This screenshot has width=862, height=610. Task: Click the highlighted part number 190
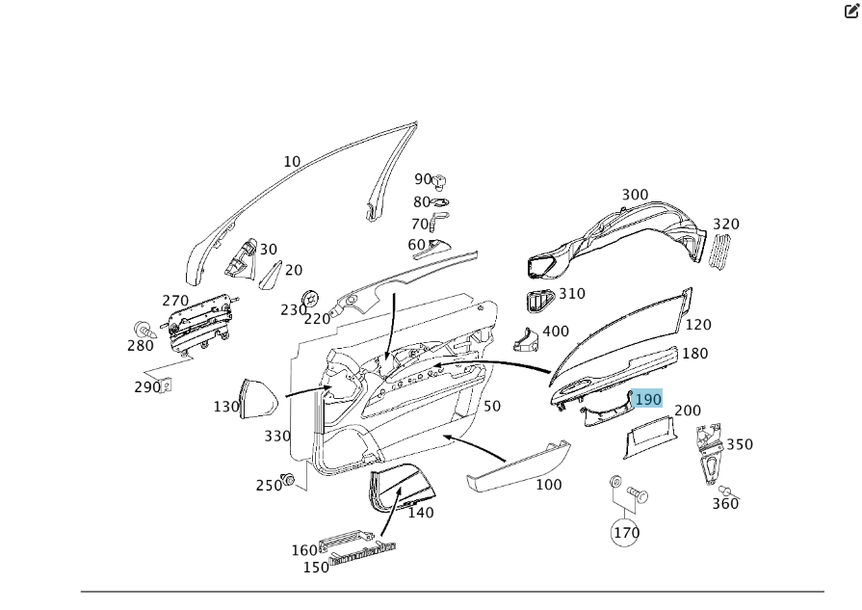click(647, 399)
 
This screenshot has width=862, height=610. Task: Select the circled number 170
click(626, 532)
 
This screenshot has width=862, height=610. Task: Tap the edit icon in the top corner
click(851, 12)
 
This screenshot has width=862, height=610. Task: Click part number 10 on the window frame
click(292, 162)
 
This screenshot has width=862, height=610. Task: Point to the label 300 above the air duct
click(635, 195)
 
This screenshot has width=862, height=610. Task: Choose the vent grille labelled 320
click(720, 251)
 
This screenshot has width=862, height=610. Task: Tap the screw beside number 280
click(144, 331)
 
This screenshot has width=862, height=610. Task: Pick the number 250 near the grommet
click(269, 486)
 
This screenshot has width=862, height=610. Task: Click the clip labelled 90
click(439, 179)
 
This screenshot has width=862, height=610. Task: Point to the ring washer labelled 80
click(439, 202)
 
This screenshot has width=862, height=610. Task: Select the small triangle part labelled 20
click(271, 273)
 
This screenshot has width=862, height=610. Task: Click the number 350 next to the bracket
click(740, 444)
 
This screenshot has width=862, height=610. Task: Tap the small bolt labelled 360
click(726, 491)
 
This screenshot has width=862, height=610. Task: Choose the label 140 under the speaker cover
click(421, 513)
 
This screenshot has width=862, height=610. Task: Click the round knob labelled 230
click(311, 298)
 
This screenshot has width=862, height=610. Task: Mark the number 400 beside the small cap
click(556, 332)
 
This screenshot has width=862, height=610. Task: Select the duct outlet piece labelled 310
click(538, 301)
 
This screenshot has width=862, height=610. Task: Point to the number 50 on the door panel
click(492, 407)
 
